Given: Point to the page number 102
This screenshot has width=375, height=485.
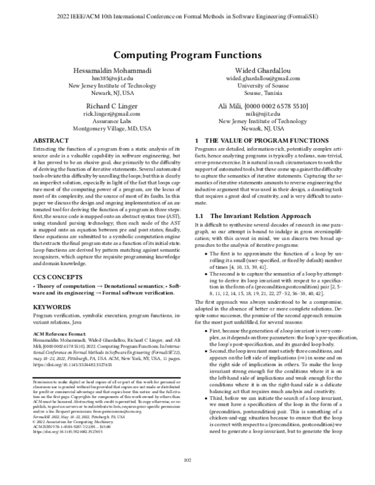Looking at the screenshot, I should (187, 477).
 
